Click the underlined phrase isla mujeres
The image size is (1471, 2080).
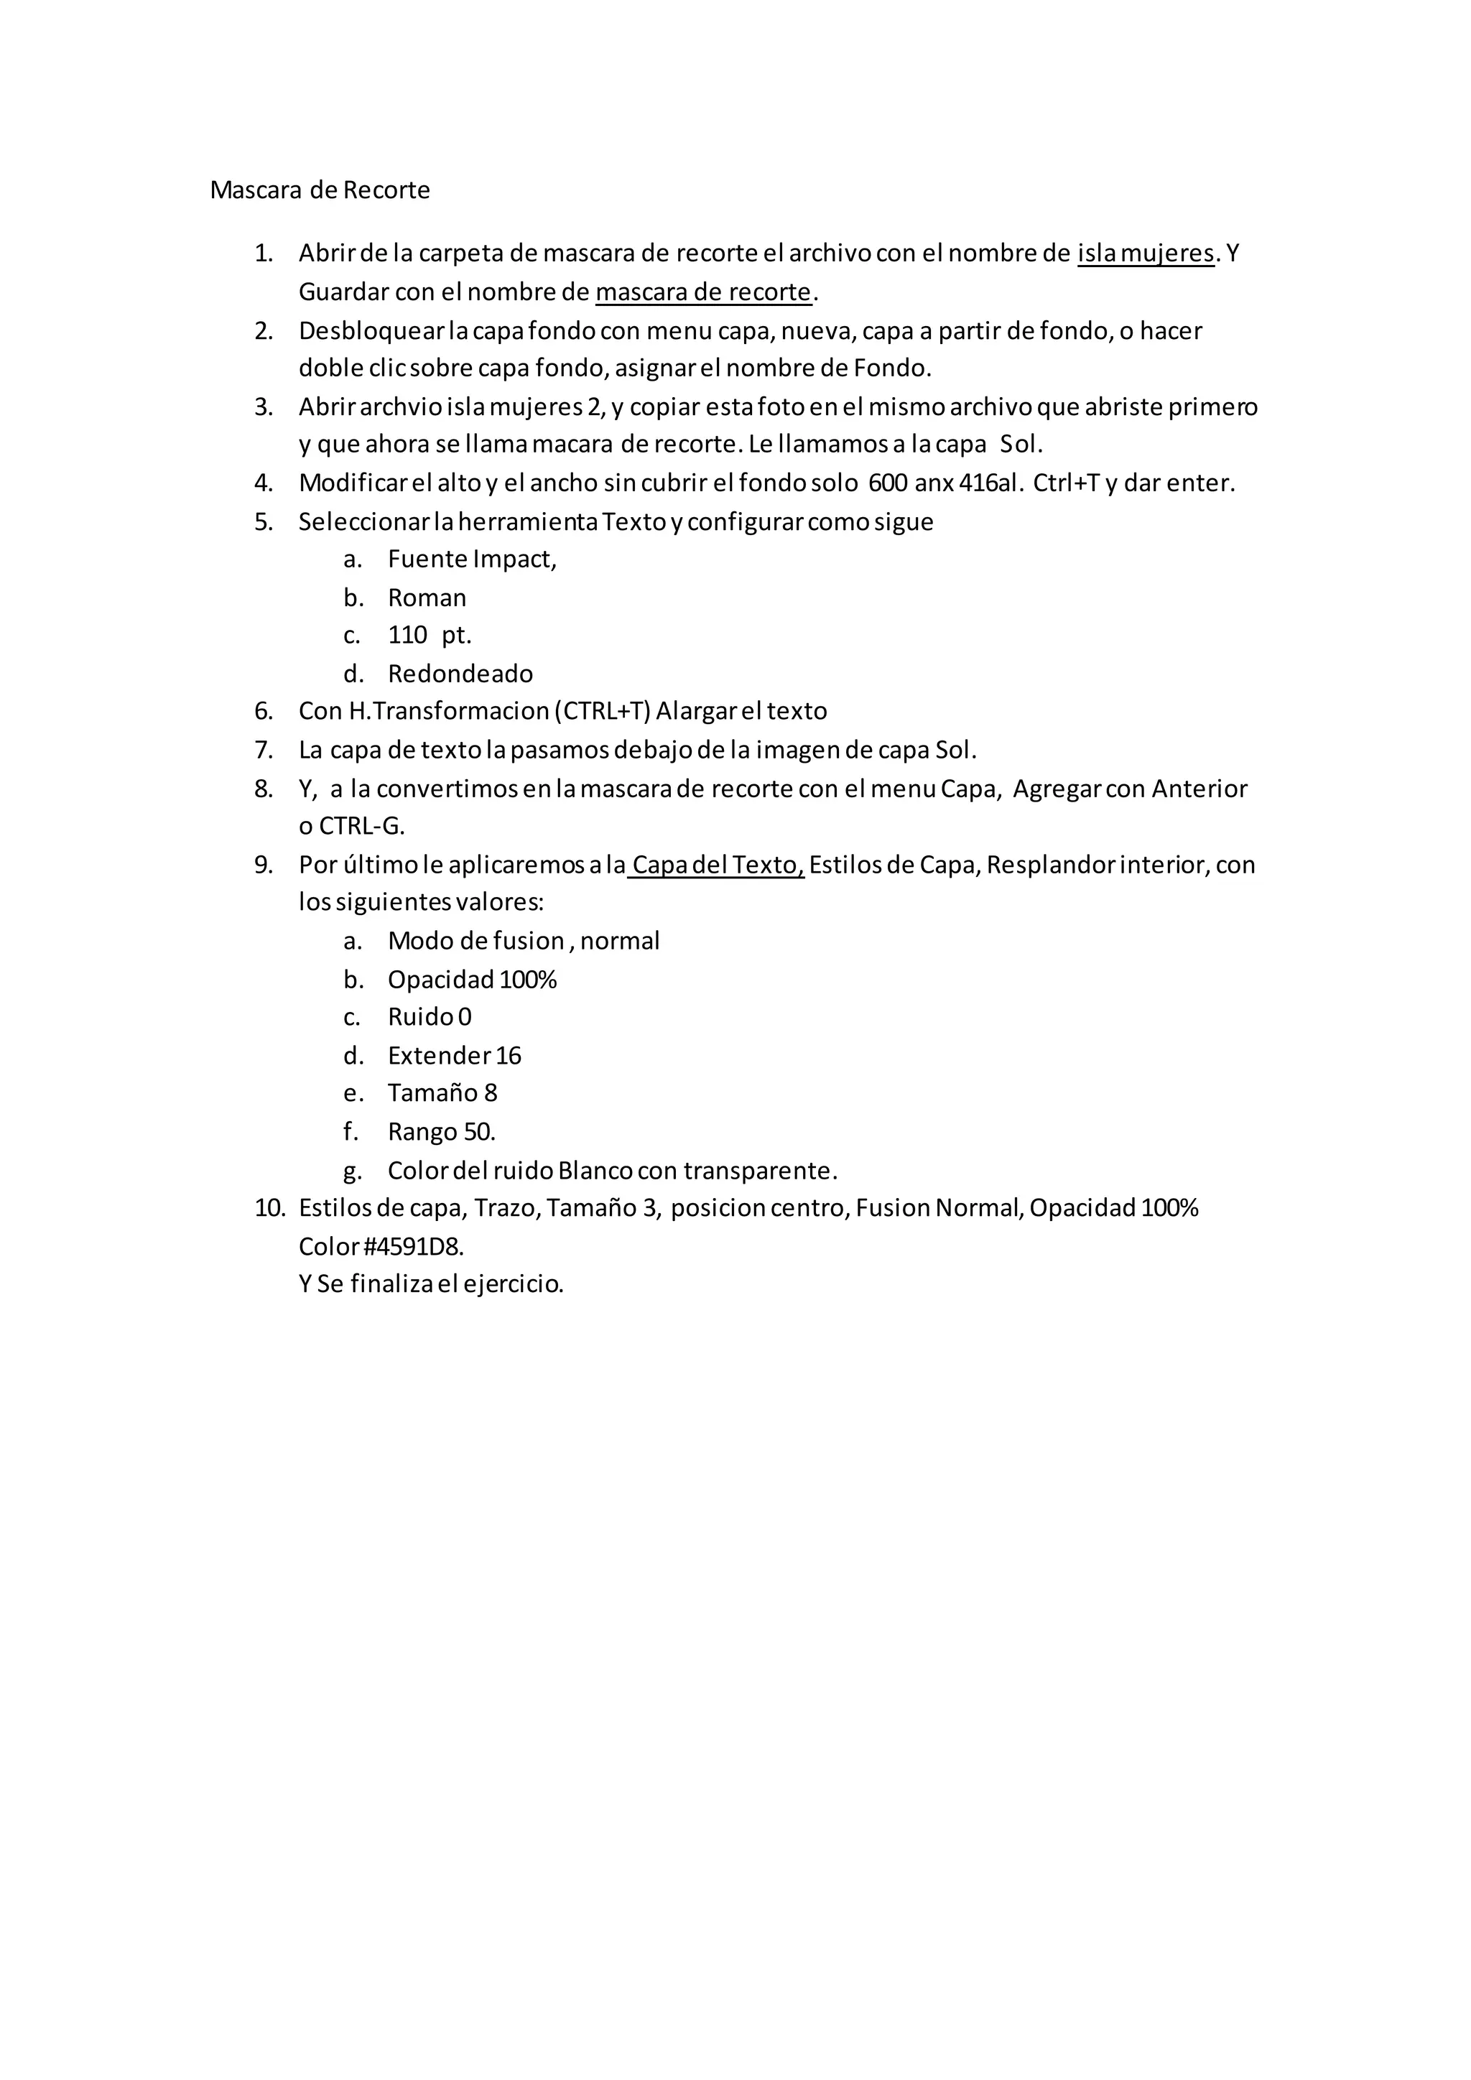tap(1145, 254)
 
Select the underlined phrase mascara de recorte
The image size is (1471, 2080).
tap(703, 292)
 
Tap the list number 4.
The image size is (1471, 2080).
tap(264, 483)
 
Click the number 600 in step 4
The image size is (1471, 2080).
tap(888, 483)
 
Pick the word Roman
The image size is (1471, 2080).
tap(427, 598)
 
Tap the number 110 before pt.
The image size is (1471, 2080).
tap(407, 635)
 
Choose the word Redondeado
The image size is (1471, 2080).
tap(460, 674)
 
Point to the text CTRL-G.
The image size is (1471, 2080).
tap(361, 826)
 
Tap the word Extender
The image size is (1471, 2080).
tap(440, 1055)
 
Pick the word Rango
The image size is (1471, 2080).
tap(422, 1133)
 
